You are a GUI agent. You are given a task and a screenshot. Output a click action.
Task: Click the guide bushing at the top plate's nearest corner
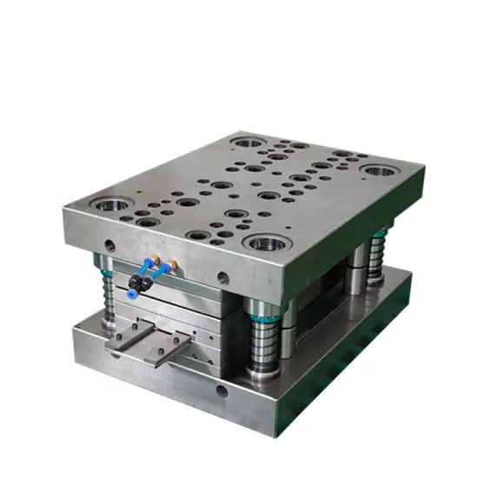(x=262, y=242)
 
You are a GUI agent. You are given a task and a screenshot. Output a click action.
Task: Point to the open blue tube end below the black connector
(x=135, y=291)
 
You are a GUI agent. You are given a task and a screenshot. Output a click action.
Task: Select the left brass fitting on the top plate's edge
(x=155, y=259)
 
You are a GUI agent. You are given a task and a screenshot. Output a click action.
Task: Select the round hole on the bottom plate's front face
(x=222, y=391)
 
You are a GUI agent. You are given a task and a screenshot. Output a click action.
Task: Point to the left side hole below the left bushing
(x=108, y=244)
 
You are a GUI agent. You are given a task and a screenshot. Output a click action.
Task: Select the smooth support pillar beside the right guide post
(x=356, y=269)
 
